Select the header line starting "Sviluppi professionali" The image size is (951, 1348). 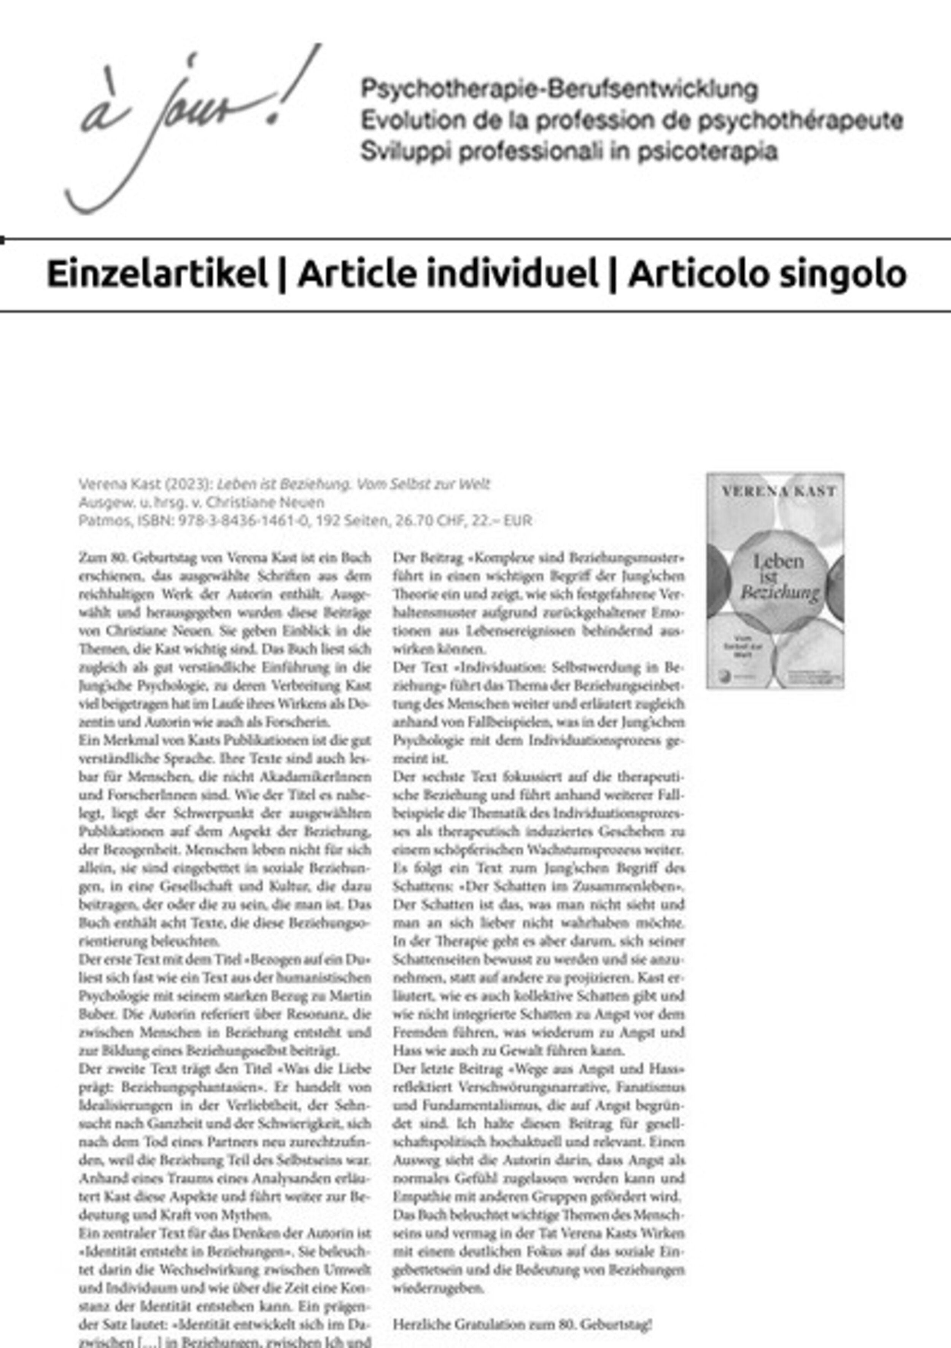click(568, 151)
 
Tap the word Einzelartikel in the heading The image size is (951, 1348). click(157, 274)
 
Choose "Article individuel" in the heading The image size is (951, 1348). click(448, 274)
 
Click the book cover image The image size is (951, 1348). click(775, 580)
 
